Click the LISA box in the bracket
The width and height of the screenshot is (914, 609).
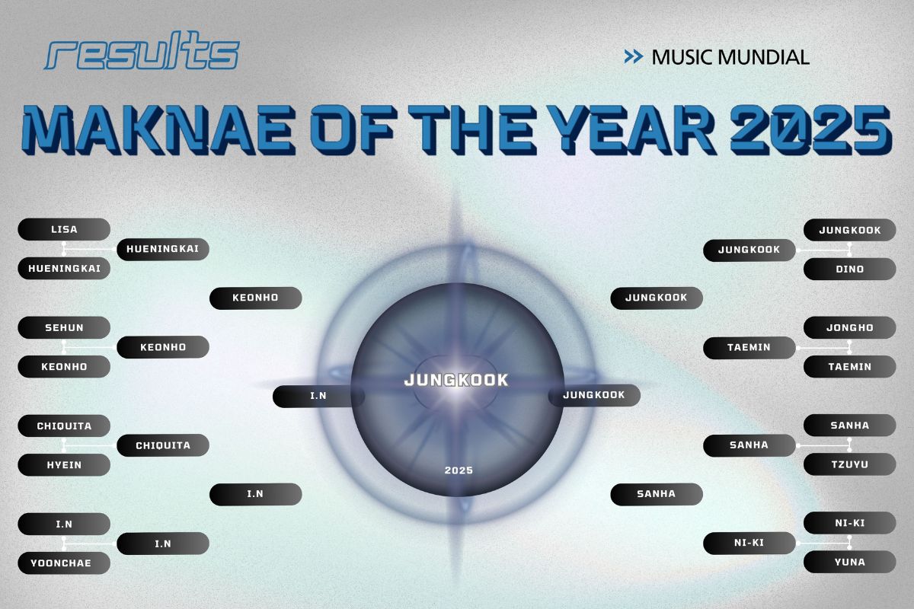point(64,229)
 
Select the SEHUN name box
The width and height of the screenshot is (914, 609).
point(64,327)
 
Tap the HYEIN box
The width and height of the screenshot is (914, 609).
point(64,464)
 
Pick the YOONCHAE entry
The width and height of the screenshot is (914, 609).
point(64,563)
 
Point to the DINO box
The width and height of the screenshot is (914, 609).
point(849,269)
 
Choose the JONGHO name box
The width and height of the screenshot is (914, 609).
point(849,327)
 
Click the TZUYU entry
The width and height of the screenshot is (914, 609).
point(849,464)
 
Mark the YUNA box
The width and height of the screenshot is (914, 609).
point(849,563)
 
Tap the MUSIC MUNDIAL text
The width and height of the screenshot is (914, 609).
point(730,57)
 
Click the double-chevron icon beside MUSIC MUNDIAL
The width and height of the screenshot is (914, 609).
point(633,56)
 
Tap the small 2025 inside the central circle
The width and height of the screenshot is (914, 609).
point(459,470)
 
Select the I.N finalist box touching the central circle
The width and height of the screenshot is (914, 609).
point(318,396)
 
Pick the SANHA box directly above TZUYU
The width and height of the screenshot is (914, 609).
point(849,426)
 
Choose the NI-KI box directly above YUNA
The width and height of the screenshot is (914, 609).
point(849,524)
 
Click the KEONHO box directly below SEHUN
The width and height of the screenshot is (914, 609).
point(64,366)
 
